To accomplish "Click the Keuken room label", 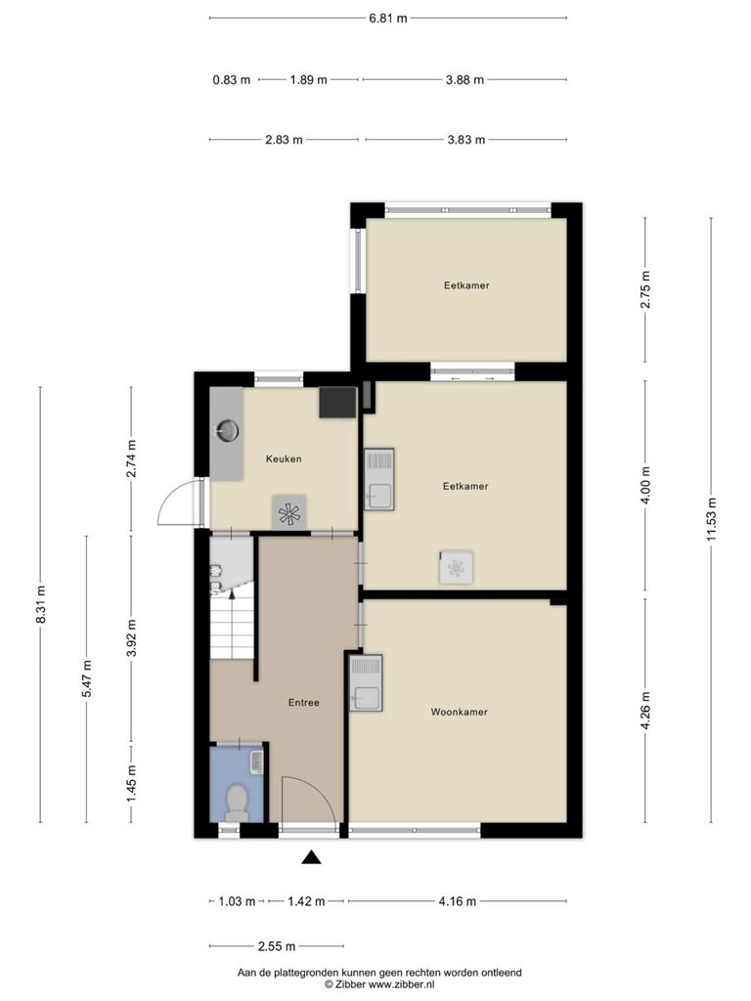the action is click(284, 458).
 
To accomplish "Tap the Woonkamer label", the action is click(460, 712).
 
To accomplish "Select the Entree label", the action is click(303, 702).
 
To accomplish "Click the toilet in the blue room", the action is click(237, 803).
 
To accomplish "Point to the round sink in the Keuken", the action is click(227, 431).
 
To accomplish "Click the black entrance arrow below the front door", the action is click(311, 857).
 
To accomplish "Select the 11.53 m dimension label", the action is click(712, 519).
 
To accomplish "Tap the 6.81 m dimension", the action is click(387, 18).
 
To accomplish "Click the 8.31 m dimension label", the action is click(41, 604).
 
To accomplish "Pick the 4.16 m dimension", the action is click(458, 901).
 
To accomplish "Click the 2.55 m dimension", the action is click(277, 946).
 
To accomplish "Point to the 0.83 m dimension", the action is click(231, 80).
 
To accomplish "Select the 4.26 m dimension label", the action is click(645, 710).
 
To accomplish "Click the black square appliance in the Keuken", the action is click(337, 402).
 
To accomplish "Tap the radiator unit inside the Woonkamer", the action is click(366, 682).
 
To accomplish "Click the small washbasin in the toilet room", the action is click(257, 761).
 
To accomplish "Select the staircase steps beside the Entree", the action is click(232, 629).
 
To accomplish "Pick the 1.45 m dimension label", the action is click(132, 783).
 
